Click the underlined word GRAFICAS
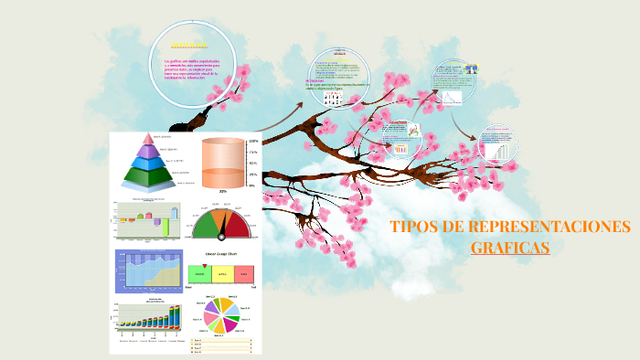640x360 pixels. [510, 247]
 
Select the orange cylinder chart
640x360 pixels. [223, 164]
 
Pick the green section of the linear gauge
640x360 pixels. [199, 274]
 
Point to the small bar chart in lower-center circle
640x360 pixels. [400, 147]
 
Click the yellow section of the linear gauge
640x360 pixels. [221, 274]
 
